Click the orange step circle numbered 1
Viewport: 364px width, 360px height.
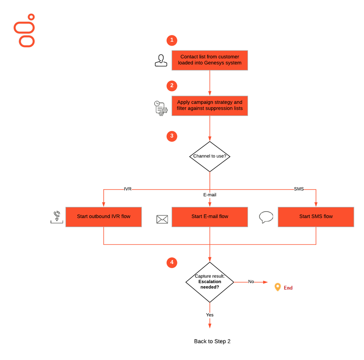172,40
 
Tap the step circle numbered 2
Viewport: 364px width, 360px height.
172,86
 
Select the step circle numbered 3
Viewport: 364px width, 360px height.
172,136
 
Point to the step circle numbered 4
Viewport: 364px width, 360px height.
172,262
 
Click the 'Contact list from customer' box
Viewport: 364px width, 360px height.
210,60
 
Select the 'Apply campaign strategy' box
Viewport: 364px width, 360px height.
210,106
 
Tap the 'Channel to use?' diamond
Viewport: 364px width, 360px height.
210,156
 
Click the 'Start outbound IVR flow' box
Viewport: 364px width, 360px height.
104,217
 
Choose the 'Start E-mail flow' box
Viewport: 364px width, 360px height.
210,217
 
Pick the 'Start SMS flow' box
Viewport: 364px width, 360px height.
316,217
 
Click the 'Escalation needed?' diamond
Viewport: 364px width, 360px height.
210,282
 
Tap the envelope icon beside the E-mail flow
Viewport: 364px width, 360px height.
162,219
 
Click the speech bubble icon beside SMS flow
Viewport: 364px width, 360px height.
266,217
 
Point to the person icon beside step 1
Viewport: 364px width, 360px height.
161,60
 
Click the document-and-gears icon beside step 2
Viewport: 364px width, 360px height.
161,108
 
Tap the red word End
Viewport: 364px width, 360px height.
288,288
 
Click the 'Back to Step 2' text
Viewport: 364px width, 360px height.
212,342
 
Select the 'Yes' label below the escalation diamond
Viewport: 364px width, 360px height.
210,315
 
